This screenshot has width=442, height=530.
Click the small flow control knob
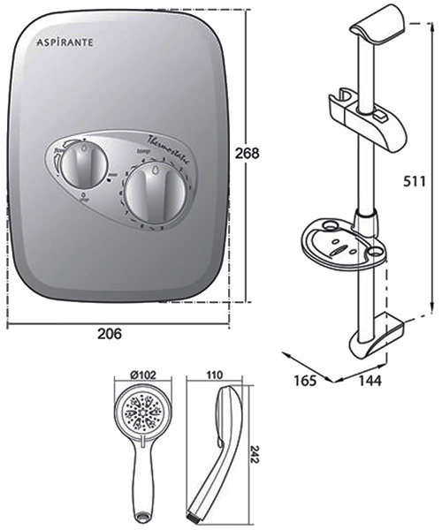[82, 163]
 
